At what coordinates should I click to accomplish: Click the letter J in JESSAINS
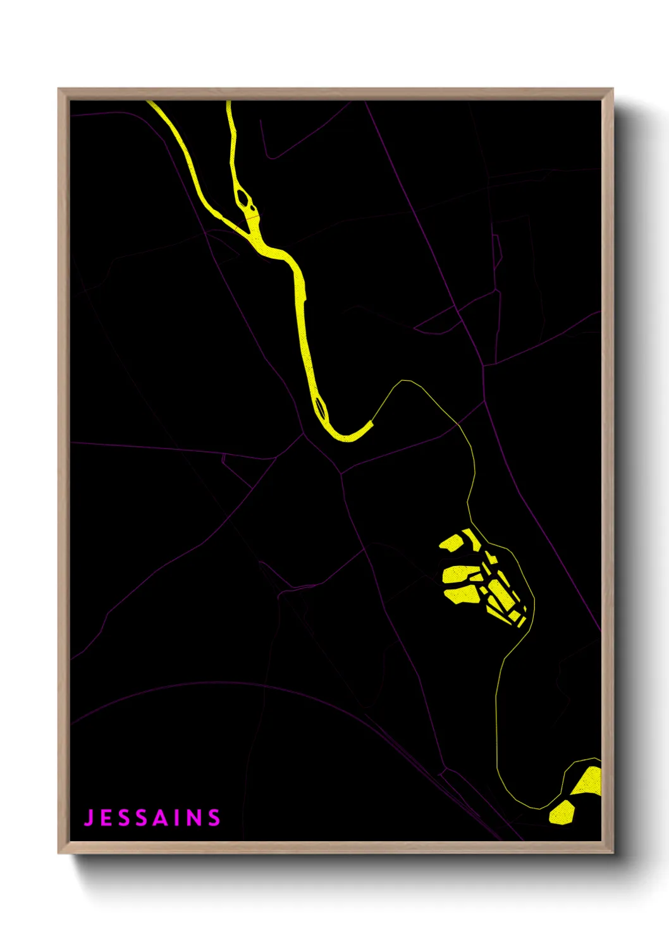tap(90, 818)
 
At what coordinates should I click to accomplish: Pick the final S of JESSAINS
tap(214, 818)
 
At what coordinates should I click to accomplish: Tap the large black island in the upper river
tap(243, 198)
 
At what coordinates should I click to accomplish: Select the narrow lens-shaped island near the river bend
tap(321, 408)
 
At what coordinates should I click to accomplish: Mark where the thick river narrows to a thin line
tap(372, 422)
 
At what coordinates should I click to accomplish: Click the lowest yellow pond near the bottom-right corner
tap(562, 812)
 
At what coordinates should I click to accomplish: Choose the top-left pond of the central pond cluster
tap(452, 543)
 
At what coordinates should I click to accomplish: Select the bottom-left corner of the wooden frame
tap(59, 852)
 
